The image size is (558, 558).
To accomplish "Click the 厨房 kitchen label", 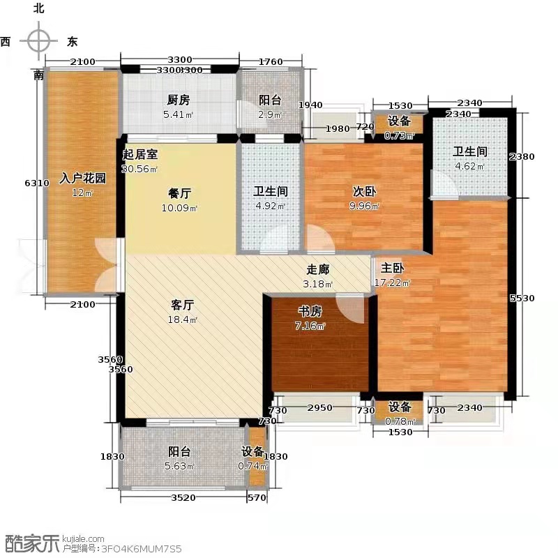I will click(179, 100).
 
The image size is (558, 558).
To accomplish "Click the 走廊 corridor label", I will click(317, 269).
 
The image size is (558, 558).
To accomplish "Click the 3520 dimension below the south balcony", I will click(184, 497).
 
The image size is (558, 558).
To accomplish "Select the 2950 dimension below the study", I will click(320, 410).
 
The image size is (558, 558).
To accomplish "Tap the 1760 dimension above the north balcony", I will click(271, 61).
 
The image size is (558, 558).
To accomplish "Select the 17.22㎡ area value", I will click(395, 283).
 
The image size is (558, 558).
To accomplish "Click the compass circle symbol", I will click(38, 42).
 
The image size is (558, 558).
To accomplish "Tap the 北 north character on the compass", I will click(38, 9).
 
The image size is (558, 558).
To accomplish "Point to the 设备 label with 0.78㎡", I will click(400, 407).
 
